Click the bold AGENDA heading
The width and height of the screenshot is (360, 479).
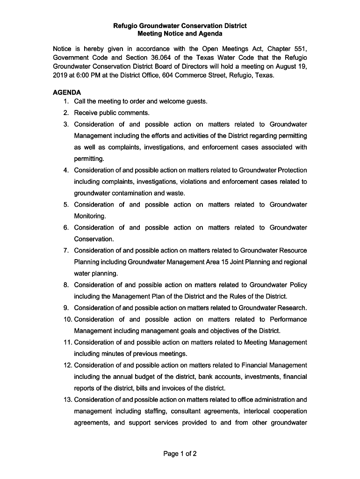pyautogui.click(x=67, y=93)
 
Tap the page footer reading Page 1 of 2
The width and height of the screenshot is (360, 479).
pyautogui.click(x=180, y=453)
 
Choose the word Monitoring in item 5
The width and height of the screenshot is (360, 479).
pyautogui.click(x=90, y=216)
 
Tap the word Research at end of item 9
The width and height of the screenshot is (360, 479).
pyautogui.click(x=292, y=308)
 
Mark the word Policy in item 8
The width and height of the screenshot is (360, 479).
pyautogui.click(x=297, y=285)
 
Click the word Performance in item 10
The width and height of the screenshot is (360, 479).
pyautogui.click(x=288, y=319)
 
